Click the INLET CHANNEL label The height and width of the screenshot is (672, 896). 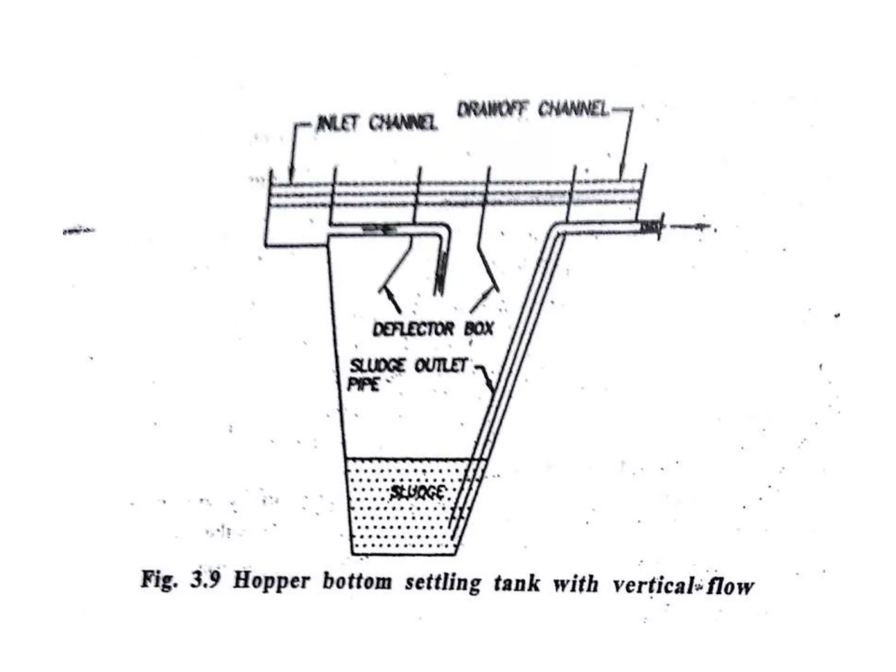377,123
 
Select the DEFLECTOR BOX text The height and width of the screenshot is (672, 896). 433,329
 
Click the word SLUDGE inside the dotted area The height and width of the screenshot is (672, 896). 417,493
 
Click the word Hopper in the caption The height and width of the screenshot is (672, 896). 271,582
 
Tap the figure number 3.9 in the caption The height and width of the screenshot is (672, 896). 205,581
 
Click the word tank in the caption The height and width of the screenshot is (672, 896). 516,584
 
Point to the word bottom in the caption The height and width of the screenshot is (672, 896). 357,582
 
